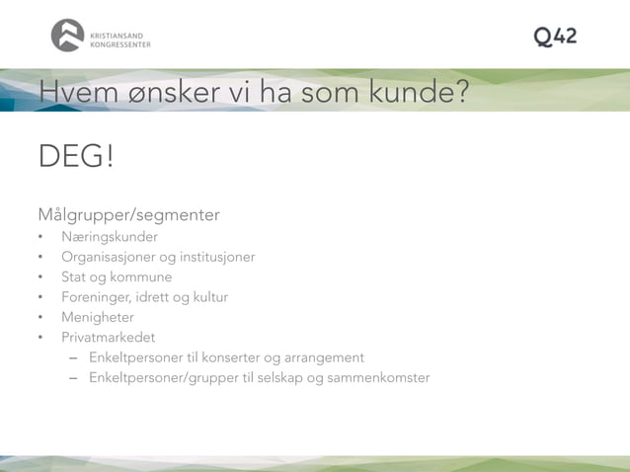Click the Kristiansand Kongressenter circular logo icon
tap(67, 36)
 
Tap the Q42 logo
tap(555, 37)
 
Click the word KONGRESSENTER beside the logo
tap(119, 44)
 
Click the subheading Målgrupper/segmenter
tap(128, 215)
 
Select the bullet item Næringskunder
tap(109, 237)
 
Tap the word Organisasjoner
tap(114, 257)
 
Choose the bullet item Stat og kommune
tap(116, 277)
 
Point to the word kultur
tap(209, 297)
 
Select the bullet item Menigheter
tap(97, 317)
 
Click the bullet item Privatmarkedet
tap(108, 338)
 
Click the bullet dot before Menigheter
tap(41, 318)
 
